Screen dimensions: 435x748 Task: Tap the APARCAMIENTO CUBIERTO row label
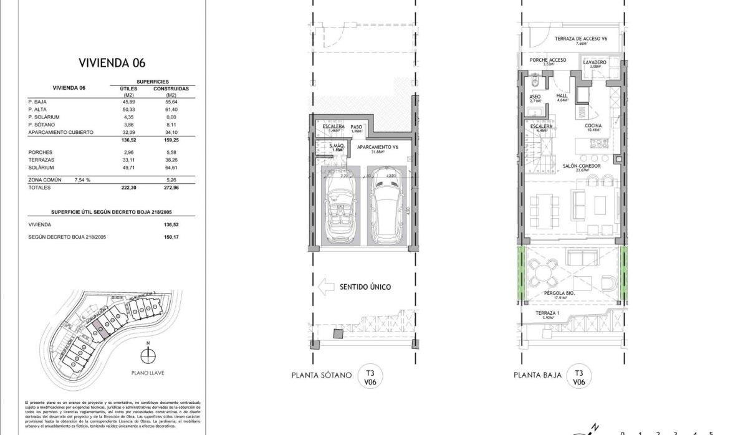coord(60,132)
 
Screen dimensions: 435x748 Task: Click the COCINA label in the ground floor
coord(593,125)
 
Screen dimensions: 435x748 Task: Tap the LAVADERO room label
coord(595,62)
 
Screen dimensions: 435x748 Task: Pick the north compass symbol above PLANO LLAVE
coord(148,355)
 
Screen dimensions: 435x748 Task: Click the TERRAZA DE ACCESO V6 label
coord(581,39)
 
